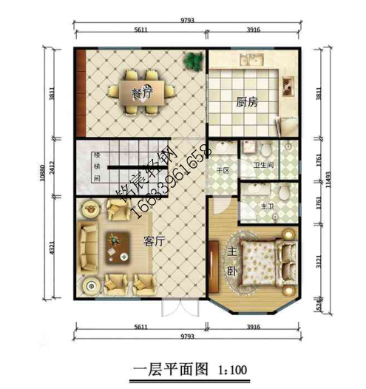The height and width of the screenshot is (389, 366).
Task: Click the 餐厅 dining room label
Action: (141, 94)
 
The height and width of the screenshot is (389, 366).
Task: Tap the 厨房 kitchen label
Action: (247, 103)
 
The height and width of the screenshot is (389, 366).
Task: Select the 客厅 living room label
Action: (153, 240)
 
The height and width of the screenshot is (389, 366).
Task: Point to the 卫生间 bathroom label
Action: (264, 166)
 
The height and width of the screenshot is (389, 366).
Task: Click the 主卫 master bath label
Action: (268, 204)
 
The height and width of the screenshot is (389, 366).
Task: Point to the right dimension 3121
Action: (318, 262)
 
